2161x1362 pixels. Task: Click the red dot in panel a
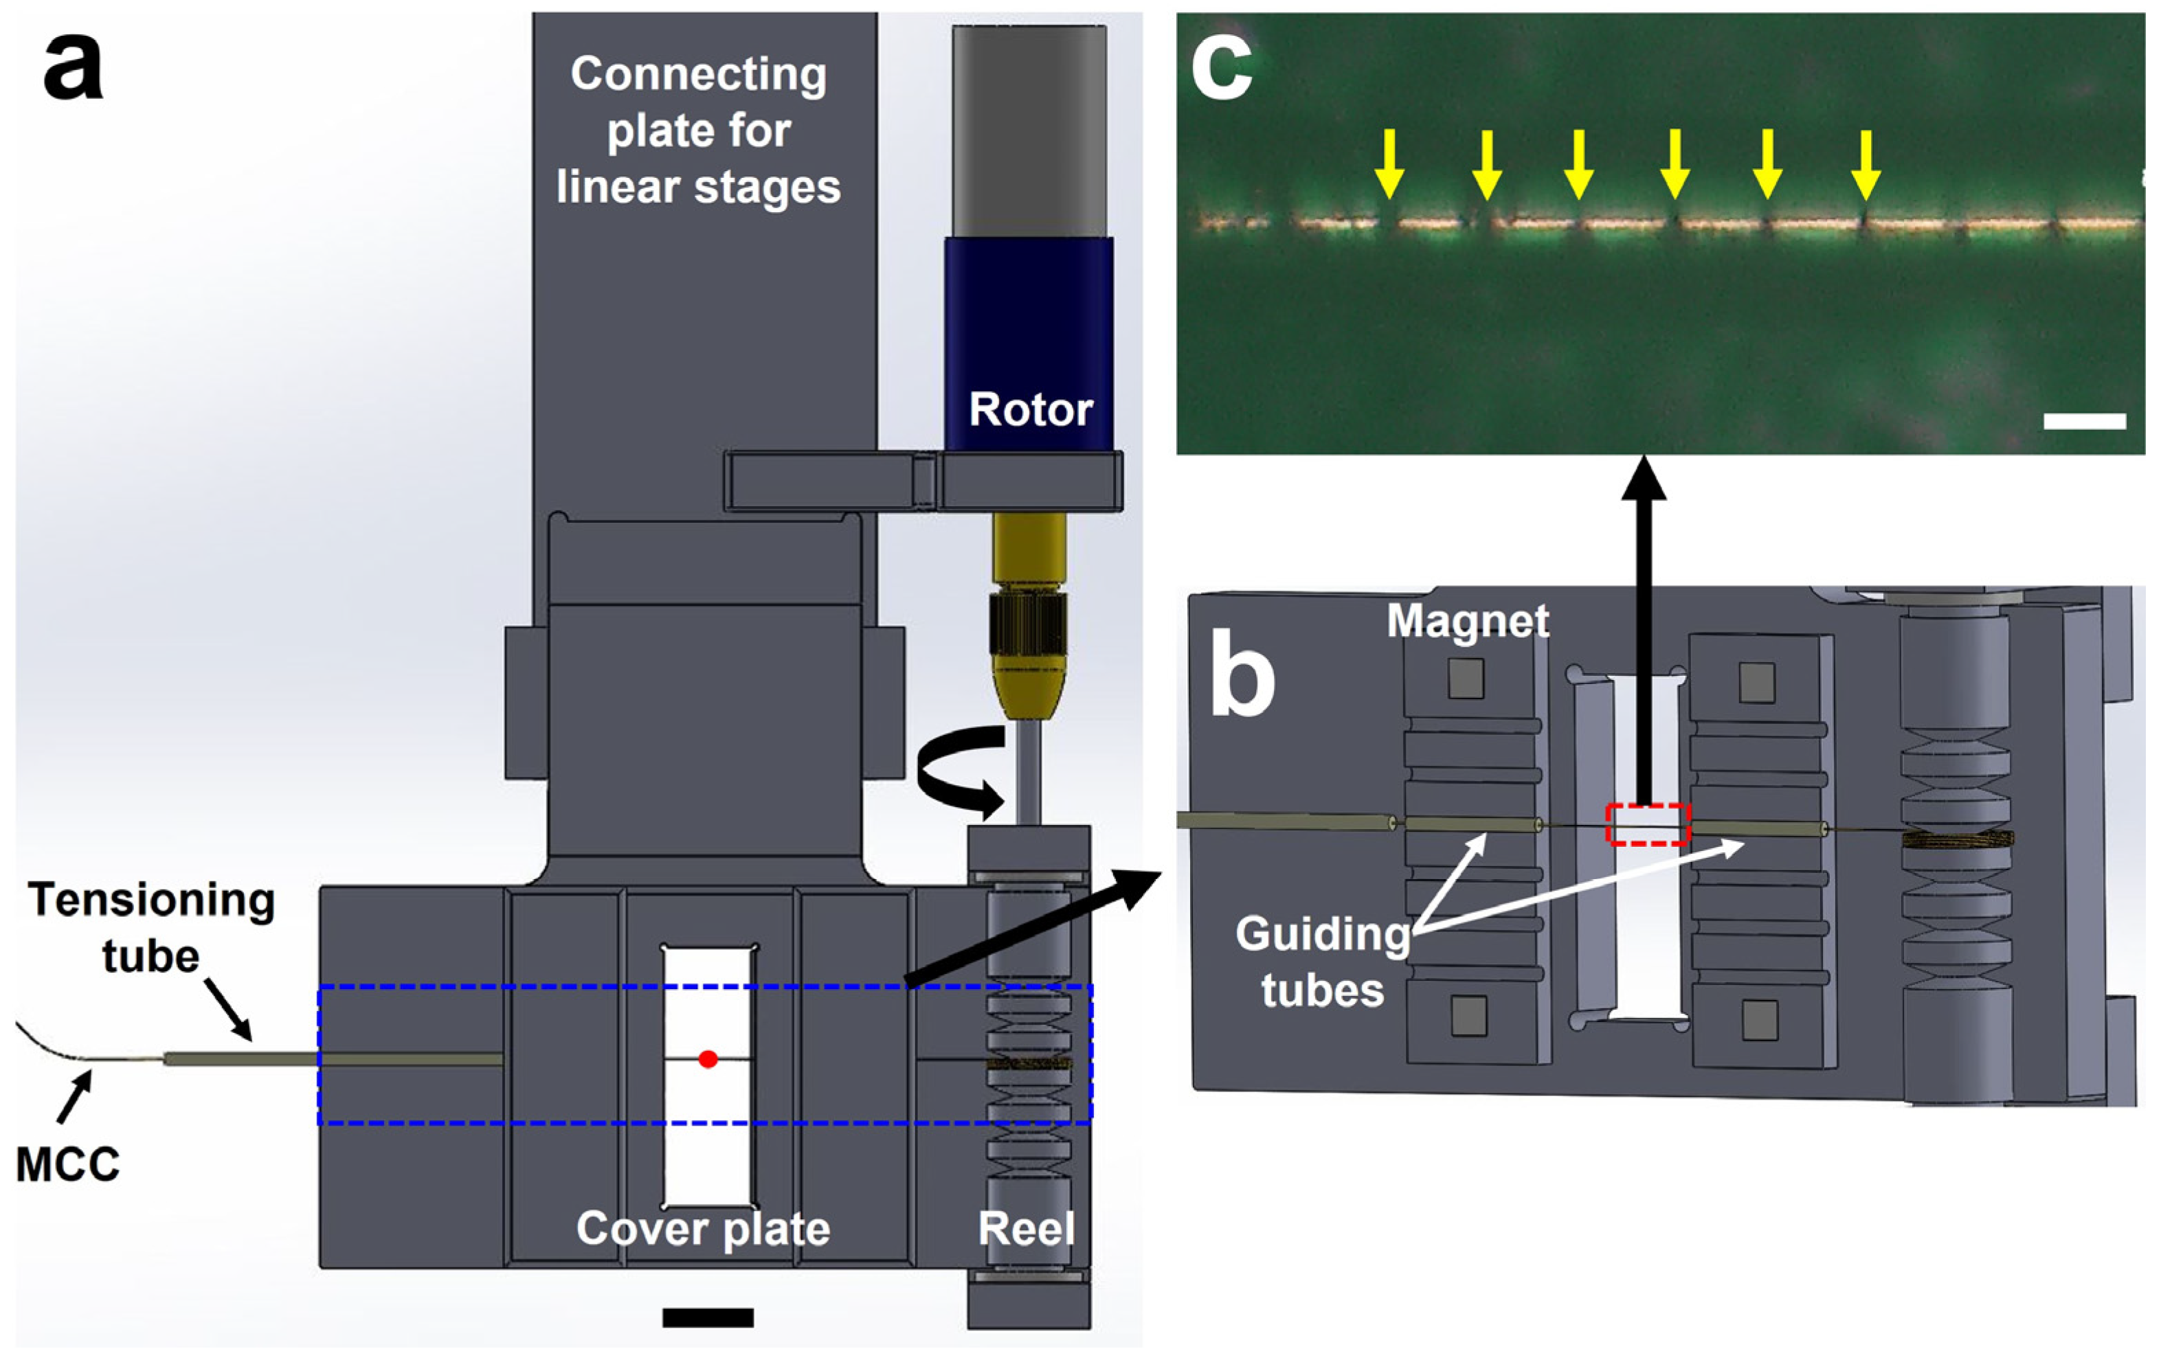[707, 1058]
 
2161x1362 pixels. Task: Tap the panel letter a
[73, 67]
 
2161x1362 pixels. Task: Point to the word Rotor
[1030, 410]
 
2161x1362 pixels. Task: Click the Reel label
[1026, 1228]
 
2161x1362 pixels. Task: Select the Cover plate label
[703, 1228]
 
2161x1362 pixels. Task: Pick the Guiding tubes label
[1322, 962]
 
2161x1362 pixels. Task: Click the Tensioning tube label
[150, 927]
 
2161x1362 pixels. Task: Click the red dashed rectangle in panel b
[1648, 824]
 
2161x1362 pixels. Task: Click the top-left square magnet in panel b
[1466, 679]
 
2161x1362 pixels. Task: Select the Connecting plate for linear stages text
[698, 130]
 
